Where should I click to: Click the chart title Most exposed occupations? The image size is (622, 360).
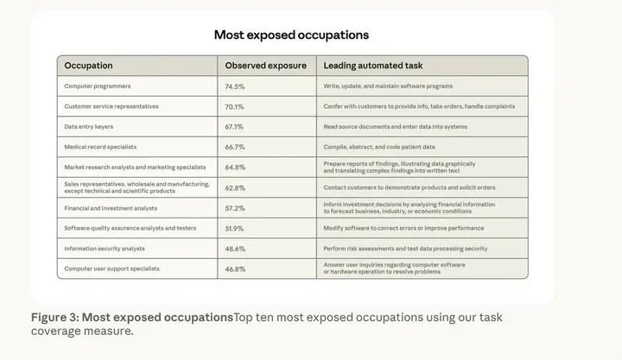point(291,35)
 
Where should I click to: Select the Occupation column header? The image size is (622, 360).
point(88,66)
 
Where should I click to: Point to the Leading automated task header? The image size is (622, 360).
point(373,66)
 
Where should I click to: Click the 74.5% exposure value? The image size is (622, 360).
point(235,86)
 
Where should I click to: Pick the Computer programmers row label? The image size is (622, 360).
point(98,86)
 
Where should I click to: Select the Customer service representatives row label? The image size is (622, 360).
point(111,106)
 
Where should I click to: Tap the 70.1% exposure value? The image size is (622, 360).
point(235,107)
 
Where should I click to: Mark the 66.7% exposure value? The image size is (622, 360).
point(235,147)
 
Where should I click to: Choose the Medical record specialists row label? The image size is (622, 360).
point(100,147)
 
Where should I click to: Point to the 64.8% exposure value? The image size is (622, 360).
point(235,167)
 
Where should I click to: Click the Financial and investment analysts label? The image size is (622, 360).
point(111,208)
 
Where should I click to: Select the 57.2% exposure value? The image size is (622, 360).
point(235,208)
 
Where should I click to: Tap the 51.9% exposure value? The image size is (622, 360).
point(235,229)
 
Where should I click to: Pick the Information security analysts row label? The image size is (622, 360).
point(105,249)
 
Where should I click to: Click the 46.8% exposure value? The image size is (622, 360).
point(235,269)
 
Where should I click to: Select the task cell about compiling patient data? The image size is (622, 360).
point(379,147)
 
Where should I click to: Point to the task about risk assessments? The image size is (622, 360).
point(405,249)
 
